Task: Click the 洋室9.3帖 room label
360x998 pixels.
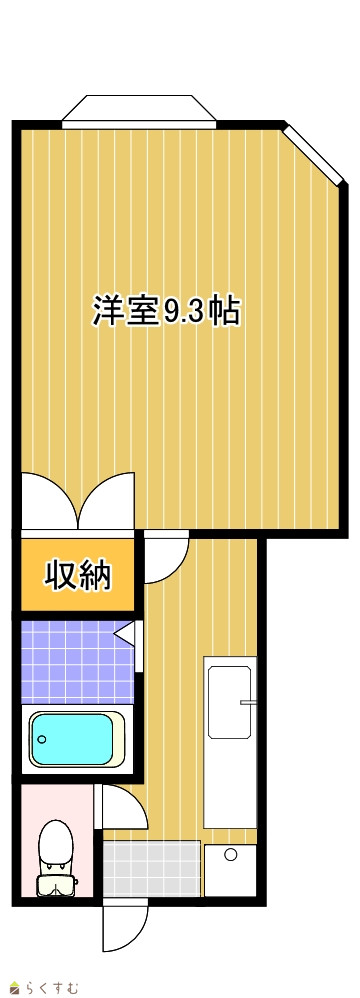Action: pos(167,311)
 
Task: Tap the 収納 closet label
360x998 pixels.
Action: pos(78,575)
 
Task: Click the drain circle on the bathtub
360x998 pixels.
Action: pos(43,740)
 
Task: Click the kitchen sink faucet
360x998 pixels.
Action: pos(248,703)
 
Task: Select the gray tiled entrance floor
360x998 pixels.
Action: pos(151,869)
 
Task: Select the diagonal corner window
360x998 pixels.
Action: pos(314,153)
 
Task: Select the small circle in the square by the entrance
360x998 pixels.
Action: pos(230,853)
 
